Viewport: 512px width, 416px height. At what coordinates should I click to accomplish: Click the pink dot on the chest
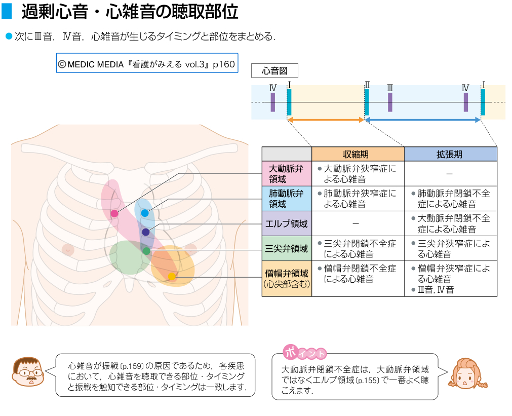[114, 213]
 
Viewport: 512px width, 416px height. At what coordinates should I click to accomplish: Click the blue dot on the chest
[145, 213]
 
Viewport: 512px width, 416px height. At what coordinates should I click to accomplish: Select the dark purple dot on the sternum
[146, 232]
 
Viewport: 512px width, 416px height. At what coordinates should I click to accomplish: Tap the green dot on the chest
[146, 251]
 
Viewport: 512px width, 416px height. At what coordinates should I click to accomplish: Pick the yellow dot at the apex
[172, 277]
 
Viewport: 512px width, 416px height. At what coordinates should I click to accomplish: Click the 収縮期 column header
[358, 154]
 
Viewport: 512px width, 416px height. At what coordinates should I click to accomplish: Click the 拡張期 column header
[450, 154]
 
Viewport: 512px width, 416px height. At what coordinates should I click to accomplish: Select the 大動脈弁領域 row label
[287, 174]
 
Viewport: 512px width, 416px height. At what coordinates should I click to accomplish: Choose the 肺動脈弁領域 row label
[287, 199]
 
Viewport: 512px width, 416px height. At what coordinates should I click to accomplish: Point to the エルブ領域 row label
[287, 223]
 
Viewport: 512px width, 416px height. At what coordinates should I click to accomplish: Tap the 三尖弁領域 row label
[287, 248]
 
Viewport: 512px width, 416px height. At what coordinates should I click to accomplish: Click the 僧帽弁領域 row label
[287, 278]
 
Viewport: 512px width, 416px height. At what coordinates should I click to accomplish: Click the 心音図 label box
[275, 71]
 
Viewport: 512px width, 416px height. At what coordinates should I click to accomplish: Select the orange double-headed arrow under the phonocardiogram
[326, 120]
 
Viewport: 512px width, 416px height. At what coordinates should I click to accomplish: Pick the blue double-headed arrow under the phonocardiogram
[423, 120]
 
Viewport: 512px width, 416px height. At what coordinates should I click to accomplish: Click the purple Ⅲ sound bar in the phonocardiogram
[390, 102]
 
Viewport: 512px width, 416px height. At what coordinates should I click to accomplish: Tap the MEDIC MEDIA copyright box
[147, 64]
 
